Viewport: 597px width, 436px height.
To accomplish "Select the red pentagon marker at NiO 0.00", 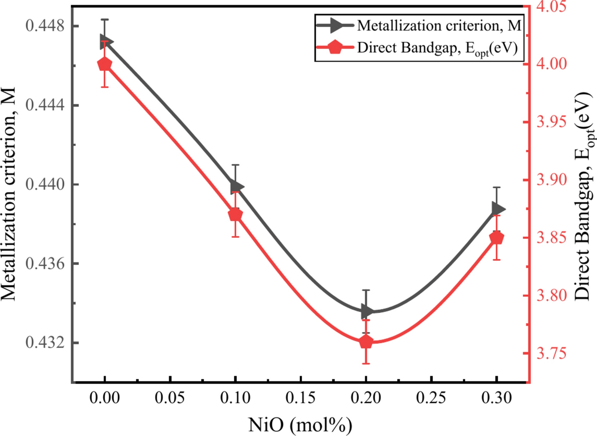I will pyautogui.click(x=105, y=64).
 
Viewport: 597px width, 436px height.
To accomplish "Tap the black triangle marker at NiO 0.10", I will pyautogui.click(x=236, y=187).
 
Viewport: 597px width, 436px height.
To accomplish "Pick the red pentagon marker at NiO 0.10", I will pyautogui.click(x=235, y=214).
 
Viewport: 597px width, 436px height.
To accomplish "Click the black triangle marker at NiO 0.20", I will pyautogui.click(x=367, y=312).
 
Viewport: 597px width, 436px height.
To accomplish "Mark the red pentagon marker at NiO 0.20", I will pyautogui.click(x=366, y=342).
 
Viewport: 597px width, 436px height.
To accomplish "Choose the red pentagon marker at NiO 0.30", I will pyautogui.click(x=497, y=238).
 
